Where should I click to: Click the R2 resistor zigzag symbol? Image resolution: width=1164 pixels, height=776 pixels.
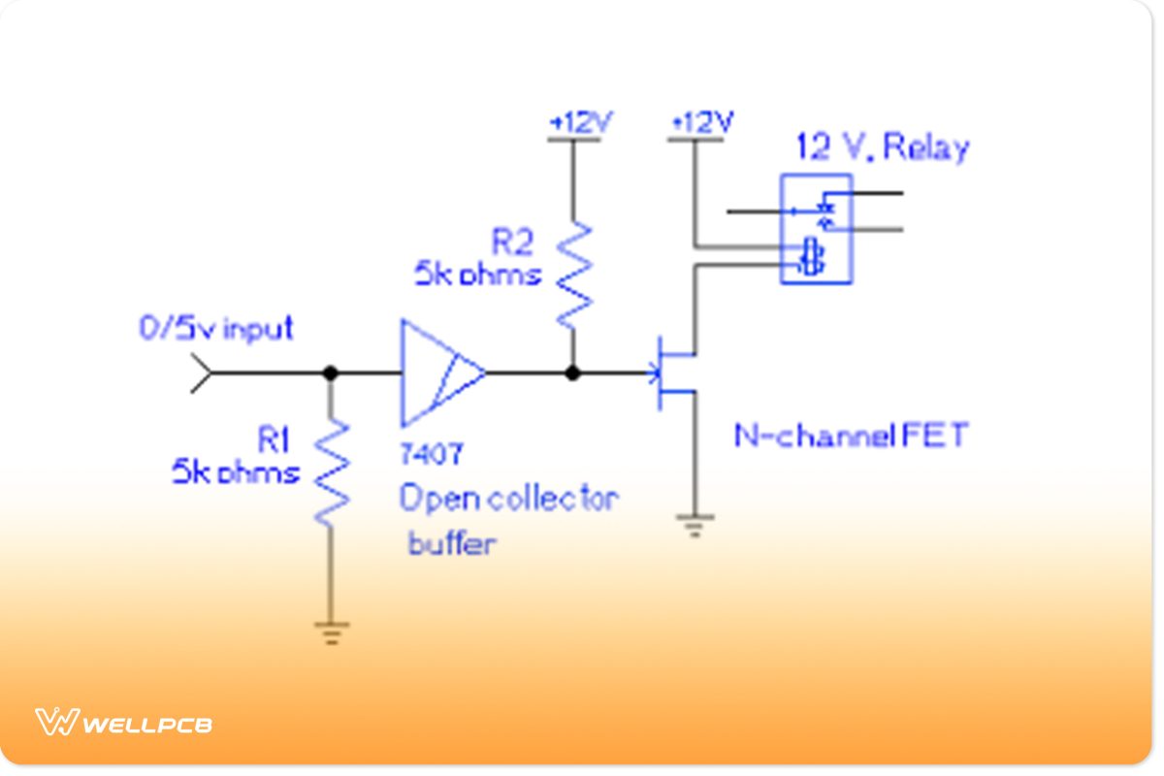coord(573,275)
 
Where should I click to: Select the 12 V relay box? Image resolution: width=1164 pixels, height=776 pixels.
coord(816,229)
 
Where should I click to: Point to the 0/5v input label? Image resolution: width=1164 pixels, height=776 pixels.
coord(215,329)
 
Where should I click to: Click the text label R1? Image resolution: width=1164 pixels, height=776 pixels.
coord(274,441)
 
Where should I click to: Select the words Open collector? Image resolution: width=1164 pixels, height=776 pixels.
coord(508,499)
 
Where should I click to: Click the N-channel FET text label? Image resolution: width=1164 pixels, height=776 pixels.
coord(850,436)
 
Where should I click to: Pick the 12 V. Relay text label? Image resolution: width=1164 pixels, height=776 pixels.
coord(882,147)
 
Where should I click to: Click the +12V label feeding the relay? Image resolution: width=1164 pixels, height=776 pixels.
coord(702,123)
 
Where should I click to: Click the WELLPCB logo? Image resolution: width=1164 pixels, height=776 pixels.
coord(123,723)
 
